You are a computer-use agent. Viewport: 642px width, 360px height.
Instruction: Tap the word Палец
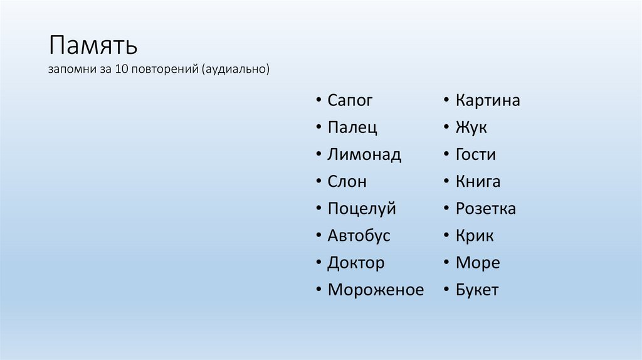coord(352,128)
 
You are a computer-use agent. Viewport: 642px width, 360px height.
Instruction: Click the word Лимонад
coord(364,155)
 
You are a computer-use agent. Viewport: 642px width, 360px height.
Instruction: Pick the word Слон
coord(347,182)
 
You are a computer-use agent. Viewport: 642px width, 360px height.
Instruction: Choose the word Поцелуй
coord(362,209)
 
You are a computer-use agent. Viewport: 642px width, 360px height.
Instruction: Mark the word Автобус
coord(359,236)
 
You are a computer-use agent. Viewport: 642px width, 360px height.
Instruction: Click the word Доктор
coord(355,263)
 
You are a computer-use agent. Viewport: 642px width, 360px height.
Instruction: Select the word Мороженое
coord(376,290)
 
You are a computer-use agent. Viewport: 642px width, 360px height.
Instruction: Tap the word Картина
coord(488,101)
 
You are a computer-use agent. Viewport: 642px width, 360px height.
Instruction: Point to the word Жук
coord(471,128)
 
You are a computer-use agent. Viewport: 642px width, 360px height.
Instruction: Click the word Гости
coord(476,155)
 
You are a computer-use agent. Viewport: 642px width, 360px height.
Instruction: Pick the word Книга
coord(478,182)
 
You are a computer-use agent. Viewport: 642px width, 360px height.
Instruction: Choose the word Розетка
coord(486,209)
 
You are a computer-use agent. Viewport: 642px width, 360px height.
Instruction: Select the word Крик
coord(475,236)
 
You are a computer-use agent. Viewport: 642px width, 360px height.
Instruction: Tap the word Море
coord(478,263)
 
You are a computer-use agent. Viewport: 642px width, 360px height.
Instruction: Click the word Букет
coord(477,290)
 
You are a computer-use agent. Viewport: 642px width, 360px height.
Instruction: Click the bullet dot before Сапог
coord(318,100)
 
